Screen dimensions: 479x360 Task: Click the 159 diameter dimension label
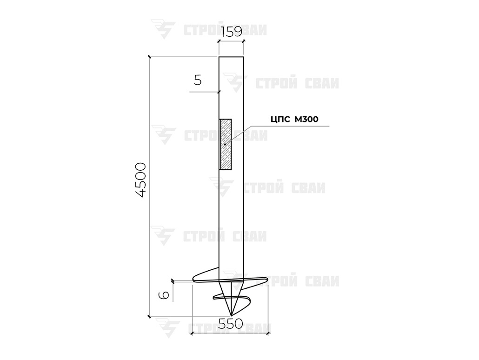click(x=231, y=32)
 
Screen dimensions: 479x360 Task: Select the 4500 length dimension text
click(x=141, y=180)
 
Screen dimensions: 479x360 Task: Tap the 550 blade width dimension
click(x=231, y=324)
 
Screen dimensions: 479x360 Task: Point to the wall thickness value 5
click(x=198, y=80)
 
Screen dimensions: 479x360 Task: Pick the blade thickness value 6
click(x=164, y=295)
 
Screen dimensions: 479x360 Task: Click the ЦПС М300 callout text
click(x=294, y=119)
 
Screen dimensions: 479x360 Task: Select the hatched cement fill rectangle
click(x=226, y=144)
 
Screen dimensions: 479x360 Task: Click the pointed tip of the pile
click(x=231, y=315)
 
